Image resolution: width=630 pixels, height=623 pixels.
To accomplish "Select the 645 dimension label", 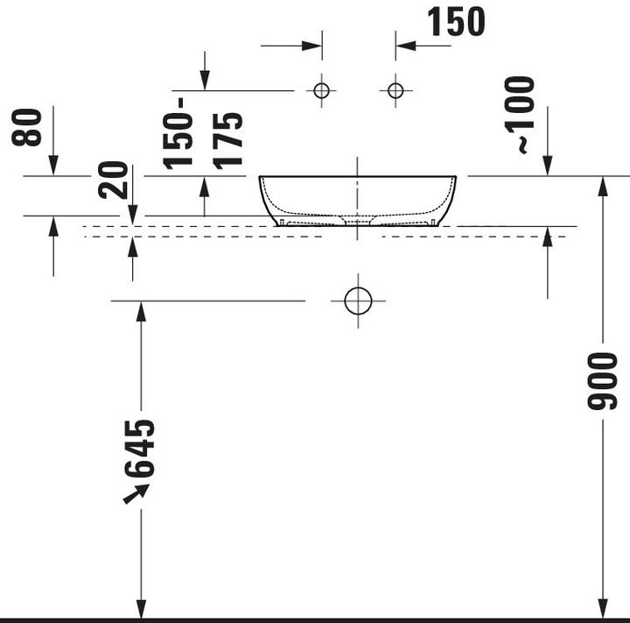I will coord(140,448).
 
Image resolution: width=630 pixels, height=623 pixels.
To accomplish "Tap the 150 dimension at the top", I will coord(455,22).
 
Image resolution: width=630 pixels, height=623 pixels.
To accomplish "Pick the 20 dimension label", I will coord(115,180).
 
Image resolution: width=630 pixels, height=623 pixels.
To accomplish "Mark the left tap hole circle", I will coord(321,89).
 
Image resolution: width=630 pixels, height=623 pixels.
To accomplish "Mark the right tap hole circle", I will coord(395,89).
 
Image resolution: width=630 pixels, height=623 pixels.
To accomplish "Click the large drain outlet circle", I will coord(358,301).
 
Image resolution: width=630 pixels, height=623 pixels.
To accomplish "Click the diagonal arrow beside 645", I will coord(134,495).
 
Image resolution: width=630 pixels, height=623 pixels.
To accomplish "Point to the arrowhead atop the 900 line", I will coord(602,183).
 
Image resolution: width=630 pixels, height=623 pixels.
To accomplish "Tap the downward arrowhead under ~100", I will coord(548,166).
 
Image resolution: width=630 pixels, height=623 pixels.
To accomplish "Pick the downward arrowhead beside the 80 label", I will coord(53,166).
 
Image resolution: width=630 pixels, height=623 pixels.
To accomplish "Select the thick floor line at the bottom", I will coord(315,619).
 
